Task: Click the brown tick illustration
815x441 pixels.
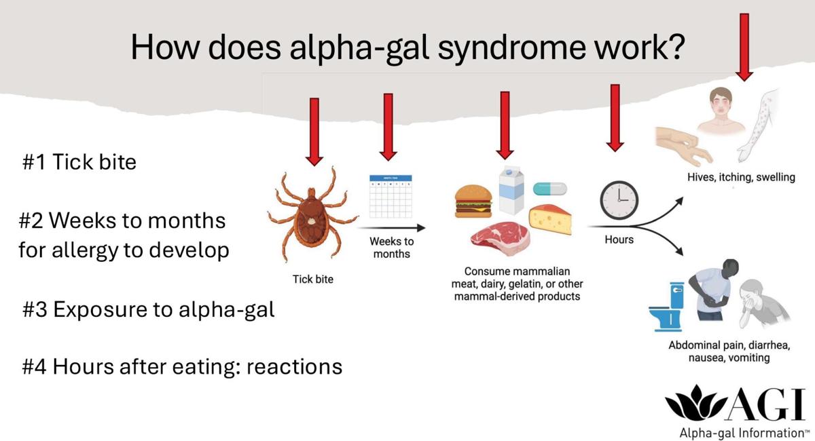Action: (x=313, y=213)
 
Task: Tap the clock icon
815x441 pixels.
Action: (x=619, y=200)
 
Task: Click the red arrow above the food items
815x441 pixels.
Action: (x=505, y=125)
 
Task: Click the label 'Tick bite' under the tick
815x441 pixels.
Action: (x=313, y=279)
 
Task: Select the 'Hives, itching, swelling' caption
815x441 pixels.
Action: (x=740, y=178)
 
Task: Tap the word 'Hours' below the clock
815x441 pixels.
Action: (x=619, y=239)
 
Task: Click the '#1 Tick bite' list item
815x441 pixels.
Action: (x=79, y=163)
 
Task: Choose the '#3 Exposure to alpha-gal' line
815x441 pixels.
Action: (x=149, y=309)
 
